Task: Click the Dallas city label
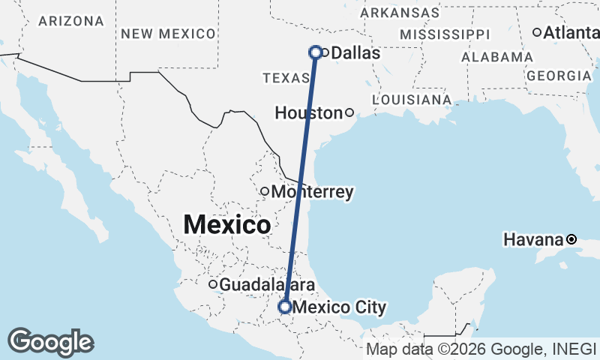[355, 53]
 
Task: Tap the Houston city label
[308, 113]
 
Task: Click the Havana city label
[533, 240]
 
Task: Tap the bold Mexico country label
[226, 223]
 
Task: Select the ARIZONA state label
[71, 21]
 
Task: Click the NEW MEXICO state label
[168, 33]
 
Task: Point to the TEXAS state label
[286, 78]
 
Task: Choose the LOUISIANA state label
[412, 99]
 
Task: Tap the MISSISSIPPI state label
[445, 34]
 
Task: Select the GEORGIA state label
[559, 76]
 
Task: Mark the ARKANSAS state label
[400, 13]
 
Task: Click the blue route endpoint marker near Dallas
[316, 52]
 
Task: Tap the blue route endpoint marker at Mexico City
[285, 306]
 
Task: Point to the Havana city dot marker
[571, 239]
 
